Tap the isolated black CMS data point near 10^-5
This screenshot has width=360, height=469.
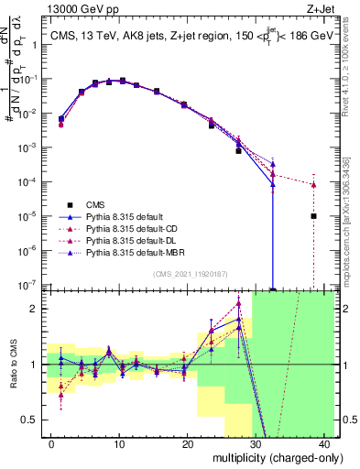(x=313, y=216)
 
